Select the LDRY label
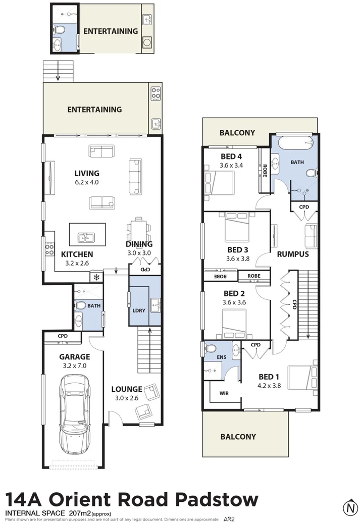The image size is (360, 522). coord(139,310)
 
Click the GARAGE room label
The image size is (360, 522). coord(74,356)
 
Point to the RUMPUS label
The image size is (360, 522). coord(293,254)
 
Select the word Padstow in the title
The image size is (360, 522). coord(217,500)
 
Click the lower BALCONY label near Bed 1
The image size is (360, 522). coord(237,437)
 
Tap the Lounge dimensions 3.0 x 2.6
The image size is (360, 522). coord(126,398)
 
